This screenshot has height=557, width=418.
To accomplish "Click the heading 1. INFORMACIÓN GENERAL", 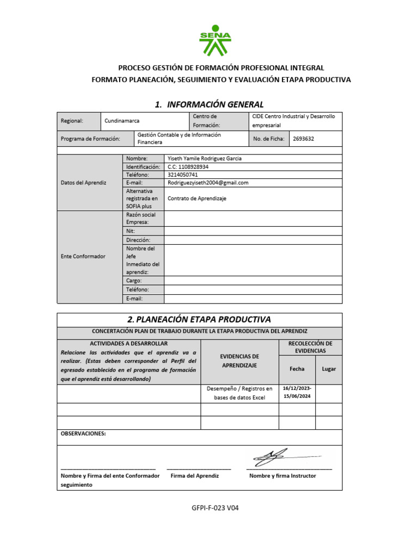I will pos(209,104).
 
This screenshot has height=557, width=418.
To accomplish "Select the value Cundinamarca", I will pos(122,121).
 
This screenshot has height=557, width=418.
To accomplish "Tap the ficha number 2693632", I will pos(303,139).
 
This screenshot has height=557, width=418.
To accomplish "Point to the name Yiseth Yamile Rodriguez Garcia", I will pos(204,158).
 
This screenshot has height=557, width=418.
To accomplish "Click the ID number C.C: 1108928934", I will pos(188,166).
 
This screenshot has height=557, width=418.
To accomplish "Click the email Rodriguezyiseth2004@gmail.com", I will pos(208,183).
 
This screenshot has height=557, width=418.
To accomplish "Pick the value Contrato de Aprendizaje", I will pos(196,199).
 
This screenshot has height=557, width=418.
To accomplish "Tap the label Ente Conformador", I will pos(83,256).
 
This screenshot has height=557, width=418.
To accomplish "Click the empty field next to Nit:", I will pos(253,231).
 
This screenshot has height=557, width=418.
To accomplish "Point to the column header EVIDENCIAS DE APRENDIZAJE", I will pos(239,361).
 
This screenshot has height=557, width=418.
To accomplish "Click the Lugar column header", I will pos(329,369).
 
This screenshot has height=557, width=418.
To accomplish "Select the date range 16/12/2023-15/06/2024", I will pos(297,393).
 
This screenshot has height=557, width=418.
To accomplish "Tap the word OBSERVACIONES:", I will pos(83,434).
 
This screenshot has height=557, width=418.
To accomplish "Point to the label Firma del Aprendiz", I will pos(194,475).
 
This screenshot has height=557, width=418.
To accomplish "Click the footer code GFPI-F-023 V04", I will pos(215,509).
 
